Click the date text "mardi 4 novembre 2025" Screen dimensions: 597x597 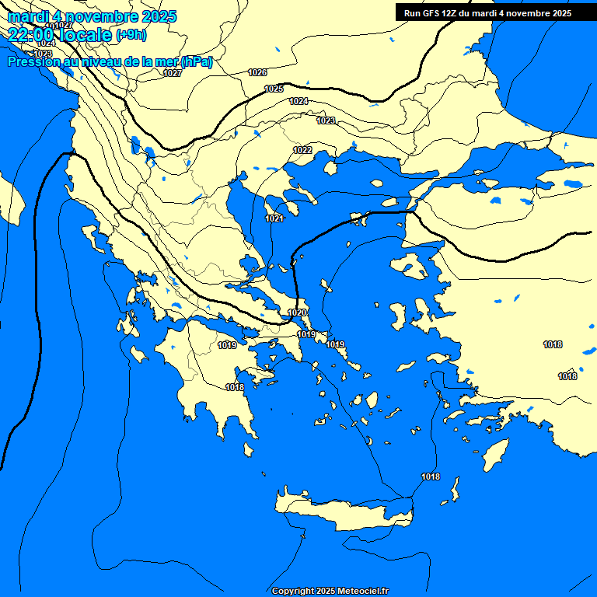coord(92,16)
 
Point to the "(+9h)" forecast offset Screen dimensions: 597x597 coord(131,34)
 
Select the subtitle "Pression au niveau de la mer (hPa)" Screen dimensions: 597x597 coord(110,61)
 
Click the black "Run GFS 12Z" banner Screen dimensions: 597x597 coord(487,12)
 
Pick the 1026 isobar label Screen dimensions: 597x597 coord(257,72)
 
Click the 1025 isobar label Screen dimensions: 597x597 coord(274,89)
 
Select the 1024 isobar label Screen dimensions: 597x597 coord(298,101)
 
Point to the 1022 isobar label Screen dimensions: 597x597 coord(302,149)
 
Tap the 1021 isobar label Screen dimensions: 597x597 coord(274,218)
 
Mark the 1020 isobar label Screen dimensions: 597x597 coord(296,312)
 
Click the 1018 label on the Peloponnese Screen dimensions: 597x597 coord(235,387)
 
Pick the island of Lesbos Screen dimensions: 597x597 coord(408,266)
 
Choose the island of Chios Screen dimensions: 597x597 coord(400,315)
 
